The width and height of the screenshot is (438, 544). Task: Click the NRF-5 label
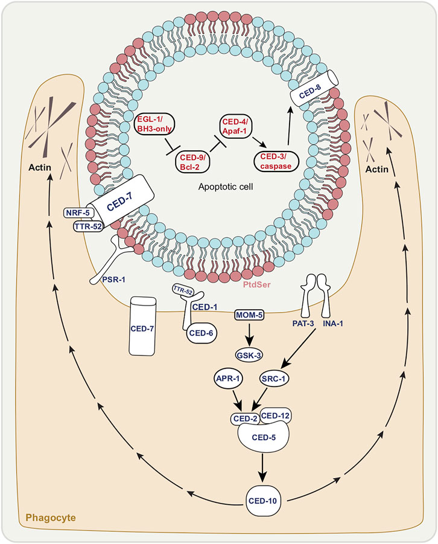pyautogui.click(x=78, y=213)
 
